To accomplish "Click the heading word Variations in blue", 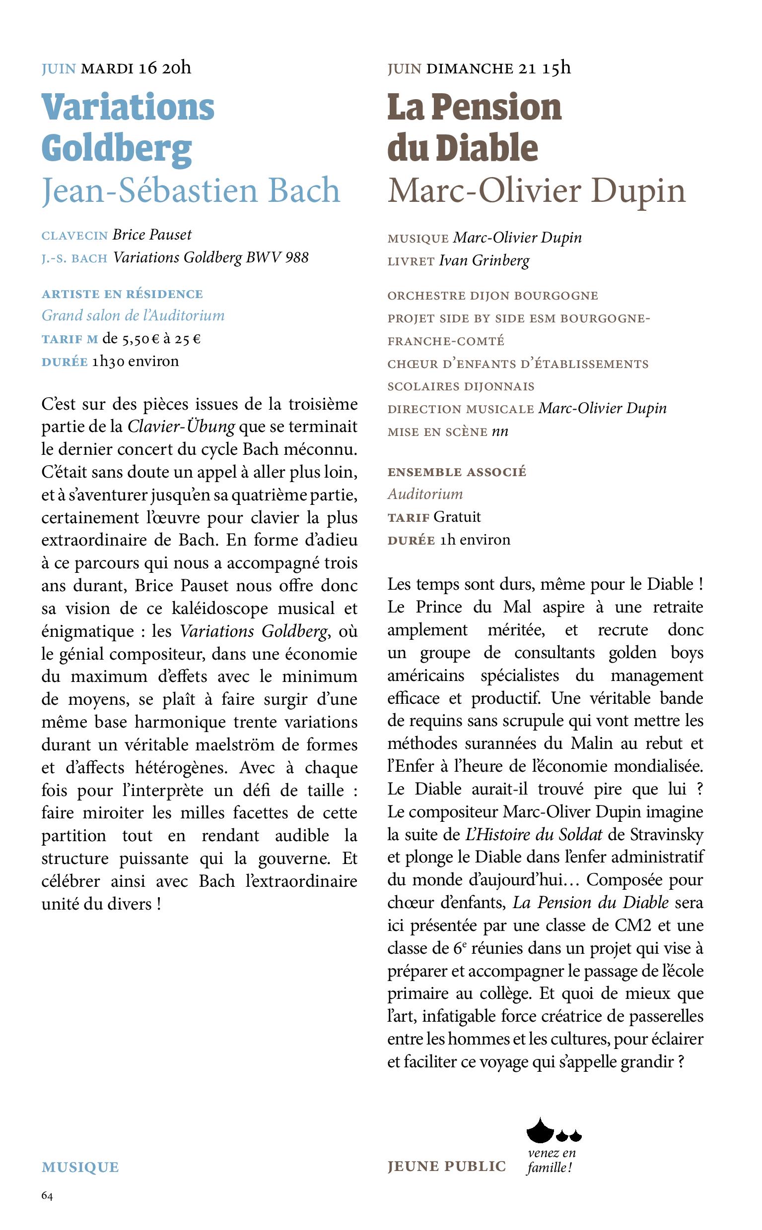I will [x=128, y=107].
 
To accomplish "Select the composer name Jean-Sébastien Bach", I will [x=191, y=191].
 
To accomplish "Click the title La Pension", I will [x=474, y=107].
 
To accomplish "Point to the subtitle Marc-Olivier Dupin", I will [x=536, y=191].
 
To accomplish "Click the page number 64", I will [x=47, y=1196].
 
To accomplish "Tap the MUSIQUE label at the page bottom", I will [x=80, y=1167].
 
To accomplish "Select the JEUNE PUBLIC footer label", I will [x=446, y=1167].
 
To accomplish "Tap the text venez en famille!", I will [x=552, y=1160].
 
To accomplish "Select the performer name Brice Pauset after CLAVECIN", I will [x=152, y=235].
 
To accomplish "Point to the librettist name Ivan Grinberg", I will [x=485, y=260].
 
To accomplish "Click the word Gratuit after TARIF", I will [x=457, y=517].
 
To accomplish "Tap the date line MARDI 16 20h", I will [x=136, y=68].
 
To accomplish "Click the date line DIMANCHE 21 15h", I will [x=498, y=68].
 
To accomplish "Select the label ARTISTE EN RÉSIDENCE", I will [x=123, y=294].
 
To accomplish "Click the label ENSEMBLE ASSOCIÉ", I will [x=457, y=472].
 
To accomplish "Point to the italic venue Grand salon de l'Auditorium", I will [x=133, y=315].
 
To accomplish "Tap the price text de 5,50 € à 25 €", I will [x=152, y=339].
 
